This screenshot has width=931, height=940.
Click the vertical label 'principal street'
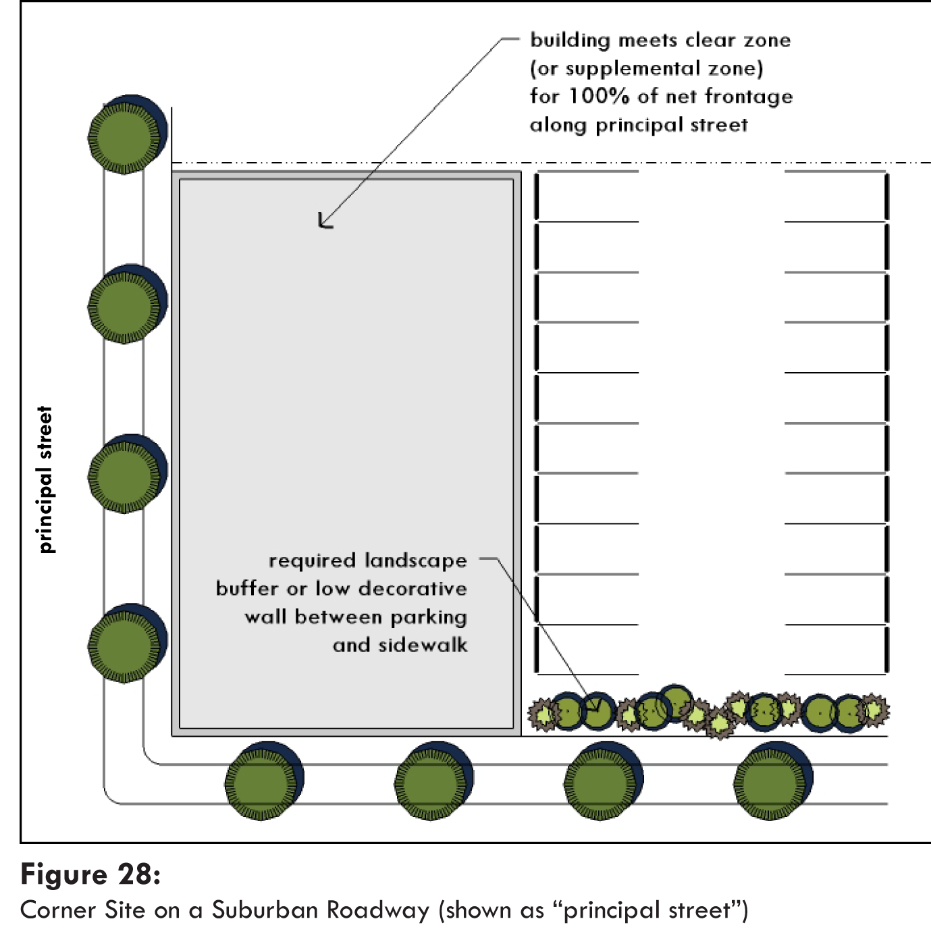tap(45, 479)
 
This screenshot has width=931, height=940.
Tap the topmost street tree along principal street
tap(126, 136)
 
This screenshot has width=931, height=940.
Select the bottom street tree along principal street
tap(126, 644)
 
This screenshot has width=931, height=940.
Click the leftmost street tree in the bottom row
tap(263, 782)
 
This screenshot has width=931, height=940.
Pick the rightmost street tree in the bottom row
tap(771, 782)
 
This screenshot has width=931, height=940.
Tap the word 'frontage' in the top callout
tap(749, 97)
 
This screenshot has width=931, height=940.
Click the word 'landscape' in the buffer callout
tap(415, 560)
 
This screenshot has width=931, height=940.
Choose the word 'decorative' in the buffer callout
tap(413, 589)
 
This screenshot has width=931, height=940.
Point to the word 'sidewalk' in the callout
tap(423, 645)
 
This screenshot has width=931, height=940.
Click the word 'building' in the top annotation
tap(570, 41)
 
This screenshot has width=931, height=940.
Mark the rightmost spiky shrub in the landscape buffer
tap(875, 710)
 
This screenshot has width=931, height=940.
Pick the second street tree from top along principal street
tap(126, 305)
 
